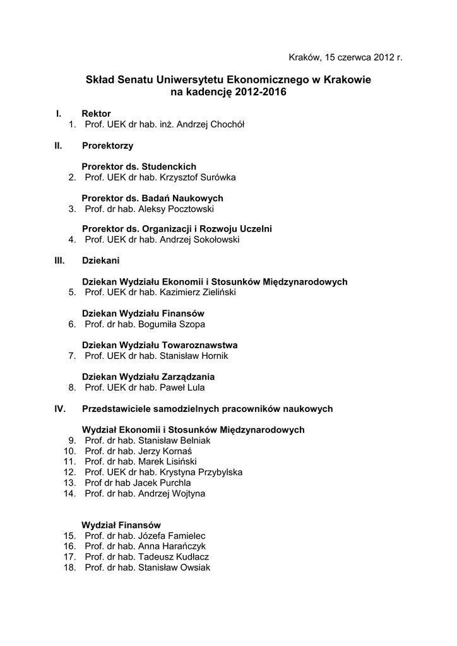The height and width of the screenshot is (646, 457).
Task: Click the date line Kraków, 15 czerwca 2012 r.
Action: click(x=345, y=57)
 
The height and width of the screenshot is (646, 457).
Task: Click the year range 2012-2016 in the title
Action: click(x=261, y=92)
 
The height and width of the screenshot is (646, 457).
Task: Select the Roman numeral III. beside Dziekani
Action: click(x=60, y=260)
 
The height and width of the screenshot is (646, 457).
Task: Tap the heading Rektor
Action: click(x=96, y=114)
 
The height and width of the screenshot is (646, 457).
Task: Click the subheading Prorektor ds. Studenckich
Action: click(x=139, y=167)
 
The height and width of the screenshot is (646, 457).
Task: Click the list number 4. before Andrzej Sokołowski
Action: click(x=72, y=240)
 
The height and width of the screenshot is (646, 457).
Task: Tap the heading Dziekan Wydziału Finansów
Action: click(x=143, y=314)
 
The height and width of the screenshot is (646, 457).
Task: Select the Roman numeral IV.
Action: click(x=61, y=409)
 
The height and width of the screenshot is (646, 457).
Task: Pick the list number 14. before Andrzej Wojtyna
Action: click(x=69, y=493)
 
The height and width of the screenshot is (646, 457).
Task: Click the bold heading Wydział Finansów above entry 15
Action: click(x=121, y=525)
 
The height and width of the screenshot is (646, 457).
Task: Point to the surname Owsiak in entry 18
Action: click(x=196, y=567)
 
